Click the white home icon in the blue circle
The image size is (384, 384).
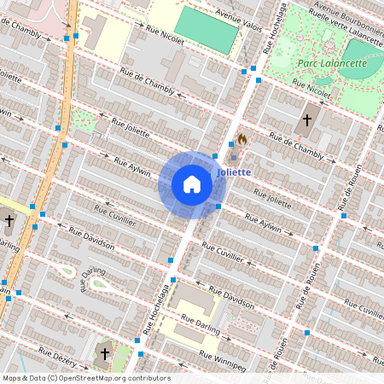192,185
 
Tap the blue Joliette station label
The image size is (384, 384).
234,172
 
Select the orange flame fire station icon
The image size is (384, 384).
242,139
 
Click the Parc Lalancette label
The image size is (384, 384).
332,63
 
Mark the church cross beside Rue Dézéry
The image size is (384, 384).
105,352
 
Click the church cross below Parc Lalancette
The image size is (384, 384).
307,120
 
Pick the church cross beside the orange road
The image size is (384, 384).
9,221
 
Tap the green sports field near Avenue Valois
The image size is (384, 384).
207,29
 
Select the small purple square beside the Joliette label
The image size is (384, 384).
234,158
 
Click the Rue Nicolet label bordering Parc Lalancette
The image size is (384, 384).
312,87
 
